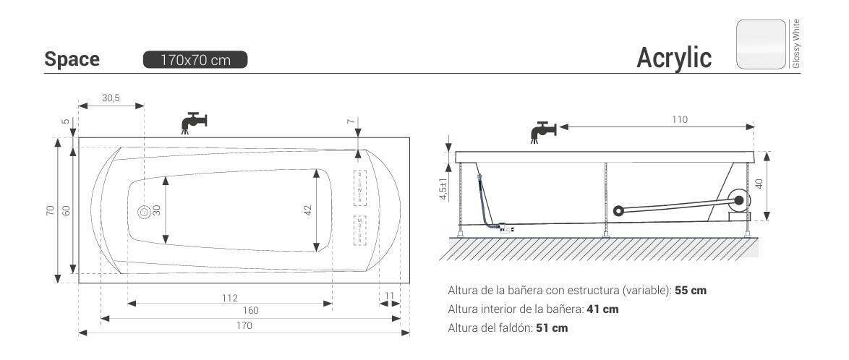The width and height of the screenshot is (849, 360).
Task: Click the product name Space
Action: [72, 59]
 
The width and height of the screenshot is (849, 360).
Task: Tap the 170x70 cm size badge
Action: [195, 60]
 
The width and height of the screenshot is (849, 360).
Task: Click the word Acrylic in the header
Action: [673, 58]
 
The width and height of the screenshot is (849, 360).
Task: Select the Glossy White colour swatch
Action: [761, 44]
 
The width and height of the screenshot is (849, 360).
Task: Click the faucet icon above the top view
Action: [193, 121]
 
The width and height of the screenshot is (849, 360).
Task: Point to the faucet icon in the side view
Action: [543, 132]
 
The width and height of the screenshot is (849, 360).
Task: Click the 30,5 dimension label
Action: [110, 98]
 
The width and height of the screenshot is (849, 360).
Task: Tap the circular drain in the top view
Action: [144, 211]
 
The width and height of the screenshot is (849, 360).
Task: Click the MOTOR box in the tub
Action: [360, 231]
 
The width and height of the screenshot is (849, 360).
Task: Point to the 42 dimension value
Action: [307, 210]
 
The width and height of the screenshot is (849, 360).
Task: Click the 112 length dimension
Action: [230, 298]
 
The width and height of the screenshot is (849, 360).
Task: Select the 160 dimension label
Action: [250, 311]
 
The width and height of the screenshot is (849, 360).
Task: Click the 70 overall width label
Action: [51, 210]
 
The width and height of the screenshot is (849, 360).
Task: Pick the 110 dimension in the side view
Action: [679, 120]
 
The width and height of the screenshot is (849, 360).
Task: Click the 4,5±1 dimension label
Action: [443, 189]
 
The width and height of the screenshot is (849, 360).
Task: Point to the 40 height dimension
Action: [759, 184]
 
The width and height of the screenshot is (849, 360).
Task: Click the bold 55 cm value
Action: [691, 291]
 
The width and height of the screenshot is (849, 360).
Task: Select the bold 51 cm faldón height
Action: [552, 328]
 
